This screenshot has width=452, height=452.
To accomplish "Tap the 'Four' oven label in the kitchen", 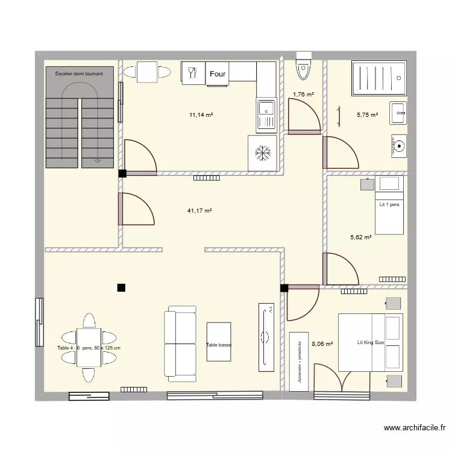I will (218, 74).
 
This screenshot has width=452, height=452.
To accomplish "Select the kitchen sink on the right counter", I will (266, 115).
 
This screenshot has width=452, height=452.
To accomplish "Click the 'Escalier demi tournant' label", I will (79, 74).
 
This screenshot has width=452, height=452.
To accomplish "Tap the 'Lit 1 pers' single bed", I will (389, 205).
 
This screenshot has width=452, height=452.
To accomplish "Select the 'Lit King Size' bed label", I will (370, 342).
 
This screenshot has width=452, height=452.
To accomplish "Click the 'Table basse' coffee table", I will (219, 345).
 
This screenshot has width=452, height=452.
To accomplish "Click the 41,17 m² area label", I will (199, 211).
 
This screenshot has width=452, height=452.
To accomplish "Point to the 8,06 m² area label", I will (322, 344).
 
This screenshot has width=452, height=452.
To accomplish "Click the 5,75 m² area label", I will (367, 115).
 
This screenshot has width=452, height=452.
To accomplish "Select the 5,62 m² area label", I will (360, 237).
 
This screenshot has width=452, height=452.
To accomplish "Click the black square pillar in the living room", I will (121, 287).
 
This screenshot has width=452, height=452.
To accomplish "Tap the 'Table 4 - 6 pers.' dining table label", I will (89, 348).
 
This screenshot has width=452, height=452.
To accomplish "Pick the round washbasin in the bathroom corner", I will (398, 145).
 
